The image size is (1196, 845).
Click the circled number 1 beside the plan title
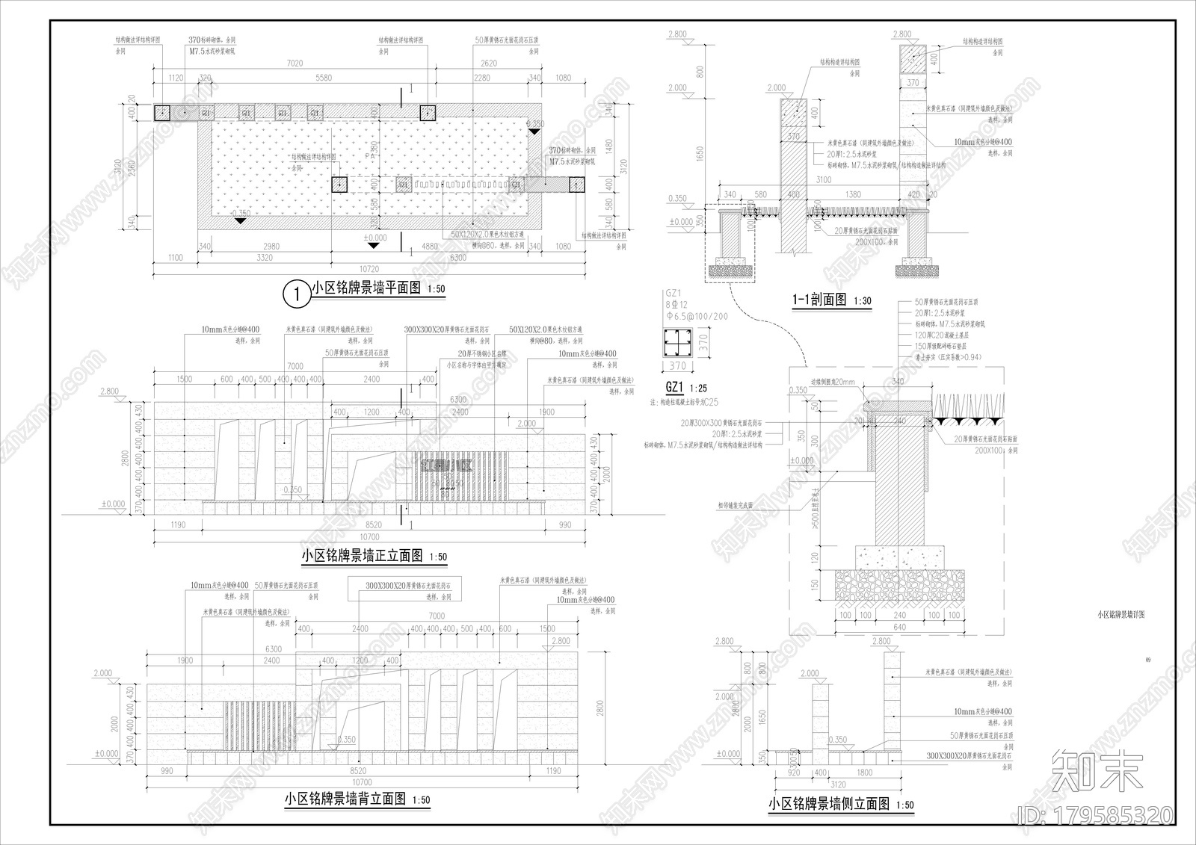click(297, 294)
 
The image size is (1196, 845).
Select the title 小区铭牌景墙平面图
click(366, 288)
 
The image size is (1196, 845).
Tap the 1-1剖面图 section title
click(819, 300)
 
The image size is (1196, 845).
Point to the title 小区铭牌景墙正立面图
click(362, 556)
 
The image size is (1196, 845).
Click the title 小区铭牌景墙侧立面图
click(829, 804)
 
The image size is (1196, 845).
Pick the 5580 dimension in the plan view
click(324, 78)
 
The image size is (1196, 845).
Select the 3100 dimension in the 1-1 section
click(823, 180)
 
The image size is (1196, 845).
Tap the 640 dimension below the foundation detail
click(899, 627)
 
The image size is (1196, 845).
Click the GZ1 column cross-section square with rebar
click(676, 342)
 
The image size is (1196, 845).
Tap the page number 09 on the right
click(1148, 660)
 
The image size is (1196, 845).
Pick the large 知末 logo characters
click(1097, 772)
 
